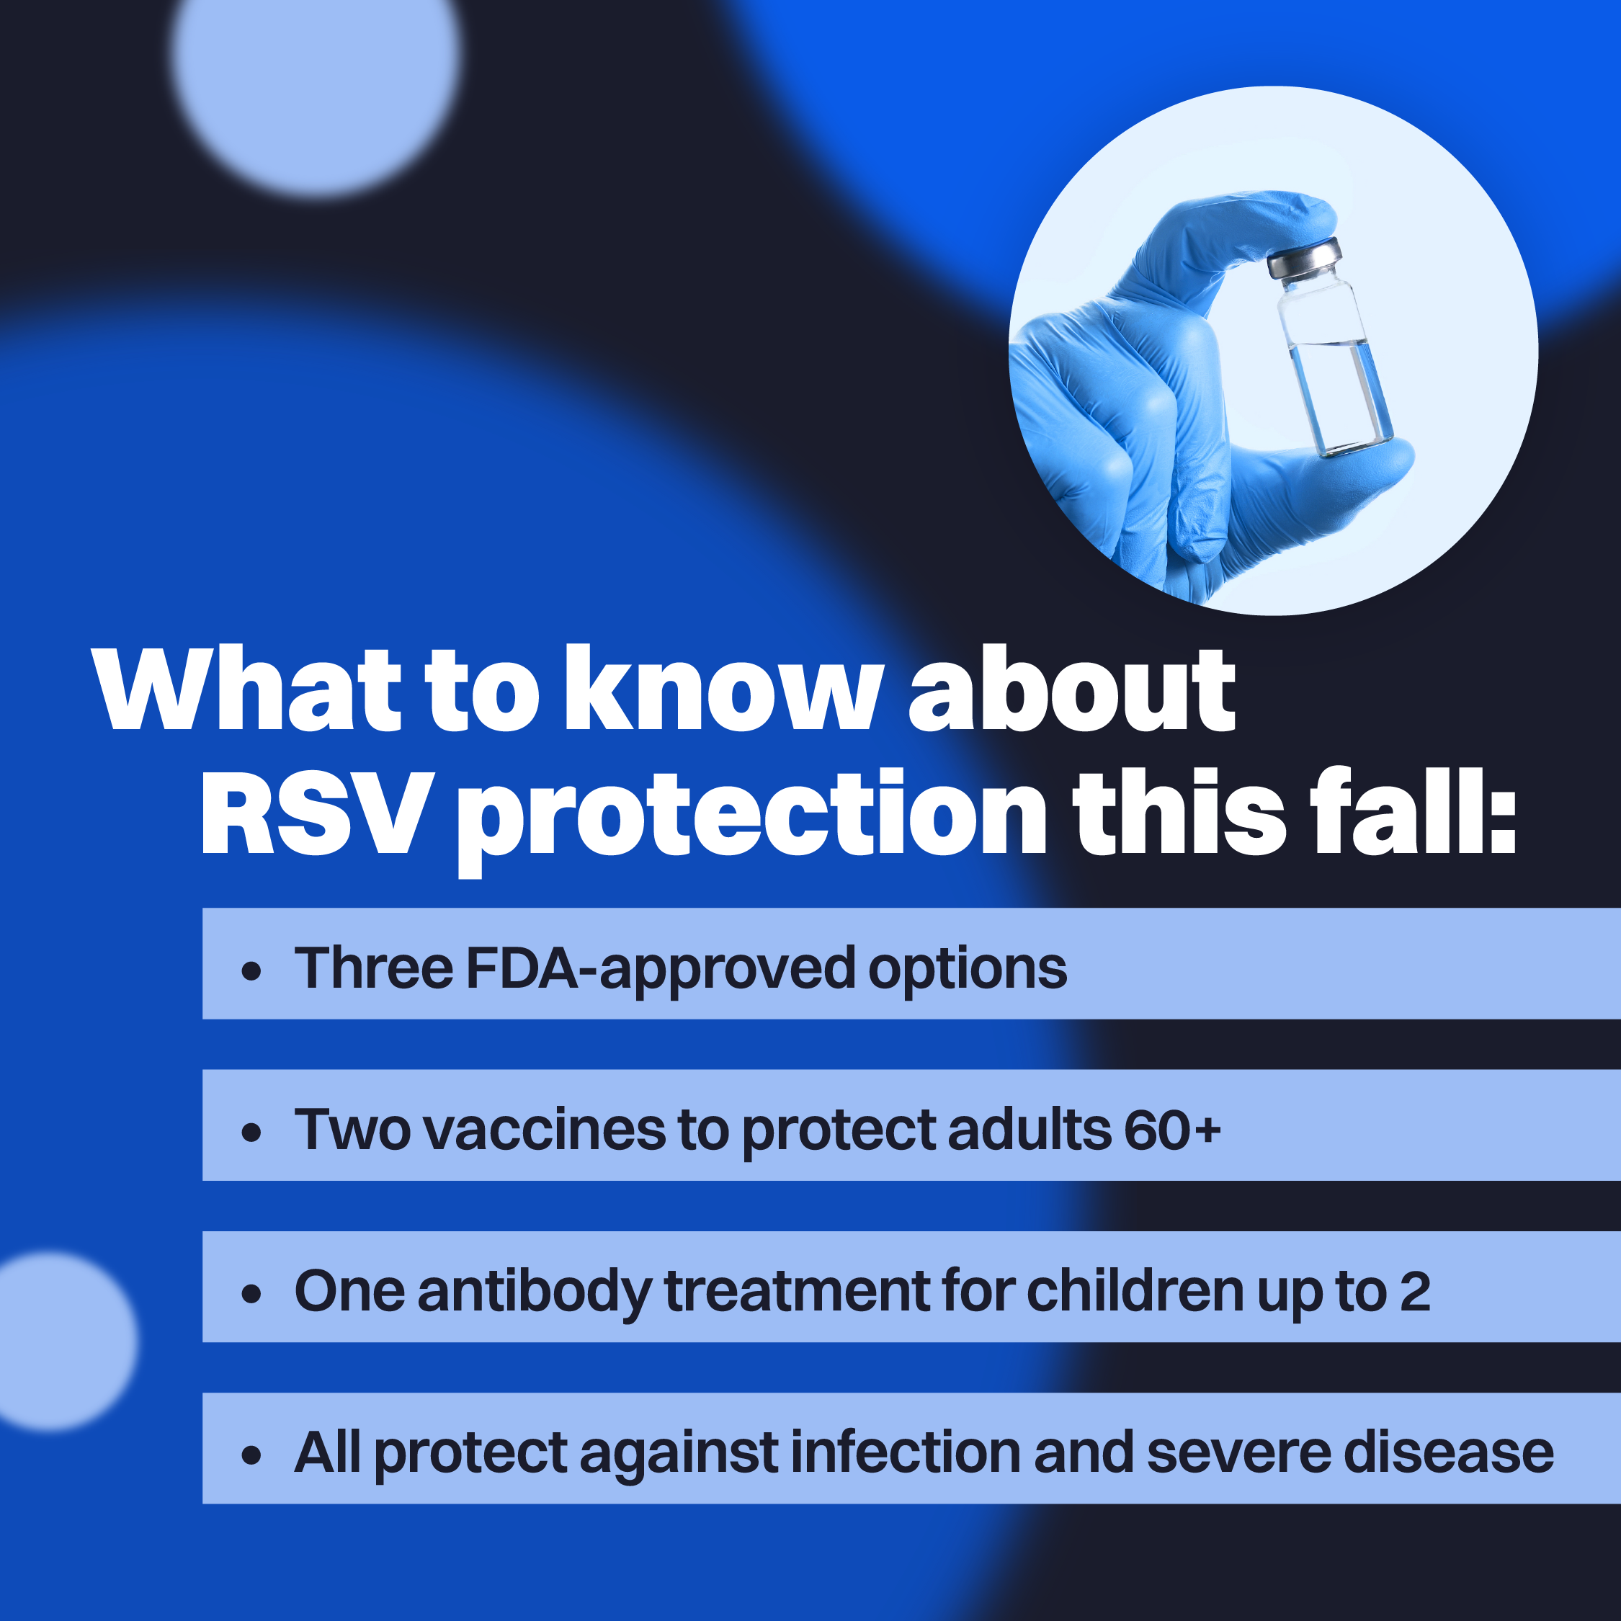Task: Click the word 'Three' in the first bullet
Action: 373,968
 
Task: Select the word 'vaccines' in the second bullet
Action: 545,1130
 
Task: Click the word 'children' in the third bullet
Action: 1135,1290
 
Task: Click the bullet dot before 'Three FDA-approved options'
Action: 251,972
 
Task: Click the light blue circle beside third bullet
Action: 55,1341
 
